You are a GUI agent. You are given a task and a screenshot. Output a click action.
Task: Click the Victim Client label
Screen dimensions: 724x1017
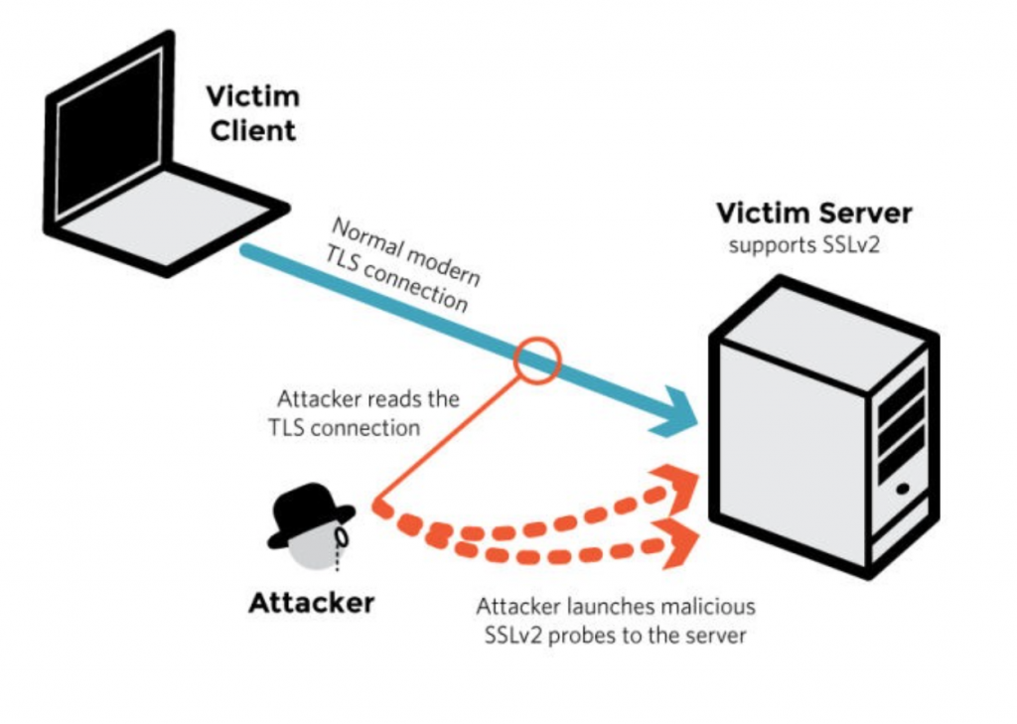coord(250,113)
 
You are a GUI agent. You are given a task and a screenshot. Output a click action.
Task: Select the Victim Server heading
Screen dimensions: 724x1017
coord(813,213)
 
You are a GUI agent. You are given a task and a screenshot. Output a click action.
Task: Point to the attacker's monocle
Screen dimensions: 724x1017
coord(343,537)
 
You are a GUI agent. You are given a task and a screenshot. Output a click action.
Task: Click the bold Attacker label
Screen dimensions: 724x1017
coord(311,602)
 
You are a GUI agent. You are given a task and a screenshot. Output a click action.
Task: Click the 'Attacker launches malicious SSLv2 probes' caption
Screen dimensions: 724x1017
coord(616,620)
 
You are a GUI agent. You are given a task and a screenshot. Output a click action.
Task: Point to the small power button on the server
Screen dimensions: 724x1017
coord(901,489)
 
